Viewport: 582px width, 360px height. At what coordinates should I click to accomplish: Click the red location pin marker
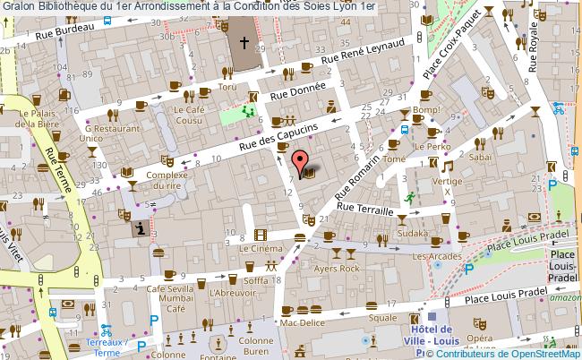[298, 162]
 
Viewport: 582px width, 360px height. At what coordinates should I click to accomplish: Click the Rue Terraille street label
[364, 210]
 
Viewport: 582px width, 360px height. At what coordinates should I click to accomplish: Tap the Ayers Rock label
[337, 268]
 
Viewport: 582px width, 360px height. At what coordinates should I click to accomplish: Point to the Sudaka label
[413, 234]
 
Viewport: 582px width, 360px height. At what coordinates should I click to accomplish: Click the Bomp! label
[427, 110]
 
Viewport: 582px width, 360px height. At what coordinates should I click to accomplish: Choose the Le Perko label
[433, 145]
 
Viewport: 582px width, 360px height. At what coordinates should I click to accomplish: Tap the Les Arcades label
[430, 257]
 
